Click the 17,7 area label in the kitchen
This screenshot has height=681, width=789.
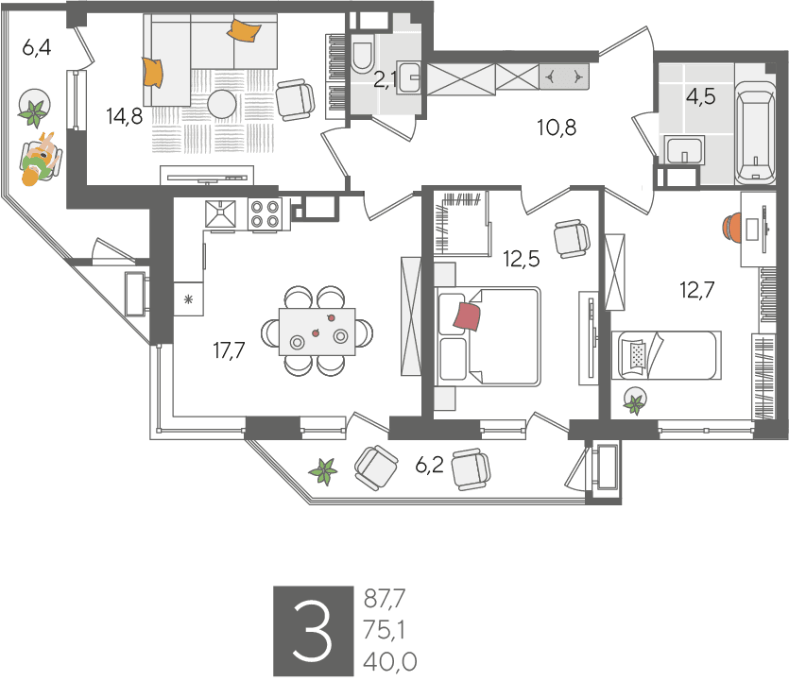click(x=229, y=350)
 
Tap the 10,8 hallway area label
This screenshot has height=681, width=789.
click(x=557, y=128)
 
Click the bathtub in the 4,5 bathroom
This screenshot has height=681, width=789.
click(x=755, y=132)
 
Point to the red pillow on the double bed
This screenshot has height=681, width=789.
click(x=467, y=316)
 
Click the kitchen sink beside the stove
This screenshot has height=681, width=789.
click(x=220, y=213)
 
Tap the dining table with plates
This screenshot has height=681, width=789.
click(x=317, y=332)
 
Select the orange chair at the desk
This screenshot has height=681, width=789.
click(x=732, y=228)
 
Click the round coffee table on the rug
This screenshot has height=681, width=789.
click(x=222, y=105)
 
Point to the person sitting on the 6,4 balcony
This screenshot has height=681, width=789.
click(x=41, y=158)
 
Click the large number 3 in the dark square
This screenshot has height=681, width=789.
click(x=313, y=631)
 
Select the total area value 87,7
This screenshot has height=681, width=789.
click(x=385, y=599)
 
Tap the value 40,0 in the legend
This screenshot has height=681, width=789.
click(x=390, y=662)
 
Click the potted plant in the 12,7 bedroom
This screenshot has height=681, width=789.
click(x=635, y=400)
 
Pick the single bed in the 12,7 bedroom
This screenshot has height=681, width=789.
click(x=666, y=355)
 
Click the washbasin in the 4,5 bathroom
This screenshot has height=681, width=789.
click(x=684, y=149)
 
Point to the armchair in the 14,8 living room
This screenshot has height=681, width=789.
click(x=296, y=99)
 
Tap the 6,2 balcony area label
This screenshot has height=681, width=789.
click(x=429, y=466)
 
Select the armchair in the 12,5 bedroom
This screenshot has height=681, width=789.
click(x=572, y=239)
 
